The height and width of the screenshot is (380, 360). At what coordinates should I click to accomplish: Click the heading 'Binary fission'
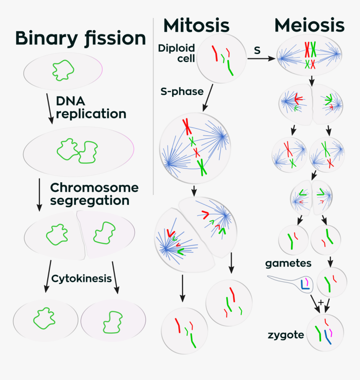[x=80, y=39]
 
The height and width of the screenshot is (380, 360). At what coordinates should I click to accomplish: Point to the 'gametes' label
[x=288, y=264]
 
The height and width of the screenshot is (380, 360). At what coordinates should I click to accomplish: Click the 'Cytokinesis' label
[x=82, y=279]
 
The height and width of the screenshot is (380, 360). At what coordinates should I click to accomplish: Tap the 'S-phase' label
[x=182, y=91]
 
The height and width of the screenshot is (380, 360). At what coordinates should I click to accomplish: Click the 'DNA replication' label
[x=90, y=107]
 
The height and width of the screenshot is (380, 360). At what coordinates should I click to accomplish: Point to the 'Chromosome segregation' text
[x=94, y=194]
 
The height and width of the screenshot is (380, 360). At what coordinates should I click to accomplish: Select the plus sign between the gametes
[x=320, y=302]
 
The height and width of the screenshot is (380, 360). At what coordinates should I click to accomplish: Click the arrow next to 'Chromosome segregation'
[x=39, y=194]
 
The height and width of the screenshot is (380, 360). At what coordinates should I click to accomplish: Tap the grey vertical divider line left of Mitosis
[x=154, y=105]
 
